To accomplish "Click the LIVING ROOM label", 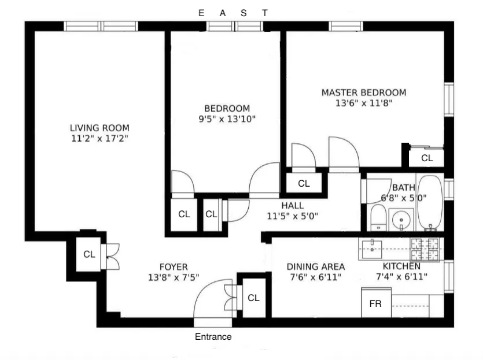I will (x=99, y=128).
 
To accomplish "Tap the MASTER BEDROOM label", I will (x=363, y=92).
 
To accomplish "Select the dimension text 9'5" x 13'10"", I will (x=227, y=119).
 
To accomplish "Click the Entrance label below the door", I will (x=213, y=337).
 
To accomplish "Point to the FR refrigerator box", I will (x=375, y=303).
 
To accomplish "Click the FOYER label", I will (x=174, y=266).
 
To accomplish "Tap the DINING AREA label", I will (x=316, y=266).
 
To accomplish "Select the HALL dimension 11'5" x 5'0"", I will (x=292, y=216).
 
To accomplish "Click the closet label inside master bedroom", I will (x=427, y=158).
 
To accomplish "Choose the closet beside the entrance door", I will (x=253, y=298).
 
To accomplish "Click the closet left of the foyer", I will (x=89, y=254).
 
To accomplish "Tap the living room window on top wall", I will (x=101, y=26).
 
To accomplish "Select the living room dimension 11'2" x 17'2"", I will (x=99, y=139).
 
